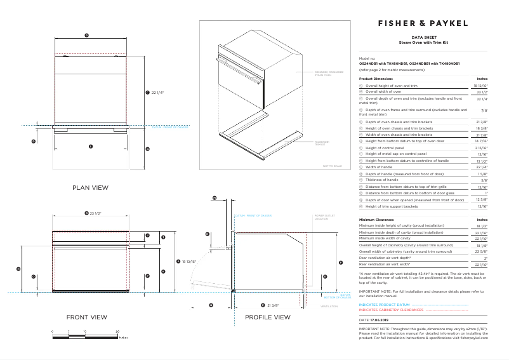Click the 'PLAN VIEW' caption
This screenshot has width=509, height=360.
point(90,187)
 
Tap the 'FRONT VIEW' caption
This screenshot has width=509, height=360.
point(87,317)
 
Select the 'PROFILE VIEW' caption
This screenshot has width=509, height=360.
point(267,317)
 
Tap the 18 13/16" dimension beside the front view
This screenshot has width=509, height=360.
point(188,261)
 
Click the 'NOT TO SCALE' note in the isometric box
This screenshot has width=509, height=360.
point(332,166)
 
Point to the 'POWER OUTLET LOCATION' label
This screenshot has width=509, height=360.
point(321,217)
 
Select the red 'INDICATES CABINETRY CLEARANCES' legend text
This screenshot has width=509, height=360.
point(391,310)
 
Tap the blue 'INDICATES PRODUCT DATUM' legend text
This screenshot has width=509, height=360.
point(385,305)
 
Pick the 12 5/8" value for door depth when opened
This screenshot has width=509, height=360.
point(481,199)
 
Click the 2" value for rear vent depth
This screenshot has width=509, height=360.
point(485,258)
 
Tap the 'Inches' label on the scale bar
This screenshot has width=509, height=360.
point(123,338)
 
